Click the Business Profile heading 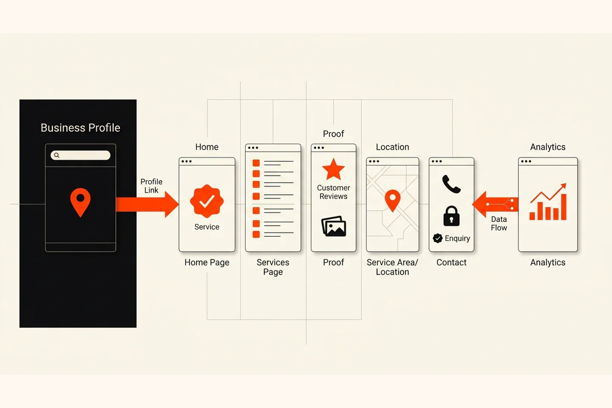[80, 128]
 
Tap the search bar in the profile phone [81, 155]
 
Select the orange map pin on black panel [80, 202]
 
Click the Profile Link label [151, 186]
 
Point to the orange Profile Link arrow [147, 204]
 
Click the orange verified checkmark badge [207, 201]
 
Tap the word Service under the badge [207, 227]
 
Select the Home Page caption [207, 262]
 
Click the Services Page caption [273, 267]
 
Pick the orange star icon [333, 170]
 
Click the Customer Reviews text [333, 192]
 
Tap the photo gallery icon [334, 226]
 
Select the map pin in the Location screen [393, 201]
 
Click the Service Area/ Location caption [392, 267]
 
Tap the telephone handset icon [451, 184]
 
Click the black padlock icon [451, 216]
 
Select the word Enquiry [457, 238]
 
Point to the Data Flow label [499, 224]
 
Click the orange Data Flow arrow [495, 204]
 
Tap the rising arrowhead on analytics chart [563, 187]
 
